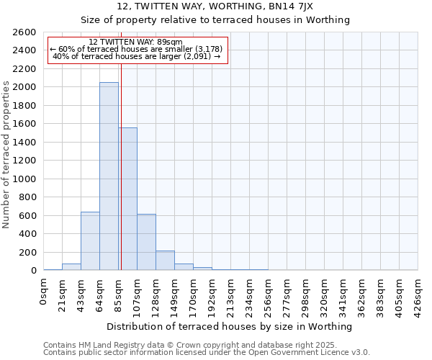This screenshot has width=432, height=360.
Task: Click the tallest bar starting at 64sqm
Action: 109,176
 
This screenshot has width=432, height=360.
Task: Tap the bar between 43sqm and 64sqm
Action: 90,241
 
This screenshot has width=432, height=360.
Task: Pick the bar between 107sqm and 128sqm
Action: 146,242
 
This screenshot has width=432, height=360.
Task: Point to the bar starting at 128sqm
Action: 165,261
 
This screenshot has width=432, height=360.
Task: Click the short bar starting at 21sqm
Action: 71,267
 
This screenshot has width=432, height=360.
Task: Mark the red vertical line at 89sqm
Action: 122,166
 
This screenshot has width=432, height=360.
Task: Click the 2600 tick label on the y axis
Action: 24,32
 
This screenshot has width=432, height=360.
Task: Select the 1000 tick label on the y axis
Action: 24,179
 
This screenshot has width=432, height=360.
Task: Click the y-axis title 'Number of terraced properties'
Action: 7,155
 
